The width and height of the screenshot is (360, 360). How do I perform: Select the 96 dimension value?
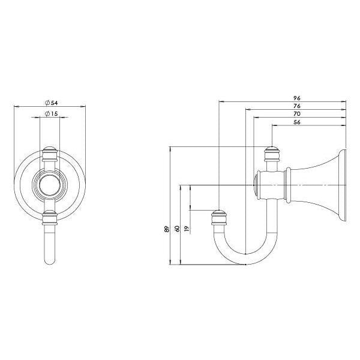point(296,97)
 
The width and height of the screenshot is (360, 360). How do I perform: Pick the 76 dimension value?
point(296,106)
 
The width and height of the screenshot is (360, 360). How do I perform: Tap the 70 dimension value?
point(296,114)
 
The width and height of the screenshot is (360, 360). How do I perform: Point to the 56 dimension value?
point(296,122)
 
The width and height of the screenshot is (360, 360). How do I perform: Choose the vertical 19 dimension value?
point(187,228)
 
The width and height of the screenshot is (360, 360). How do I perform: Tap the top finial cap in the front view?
point(50,148)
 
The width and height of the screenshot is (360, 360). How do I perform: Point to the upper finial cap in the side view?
point(272,150)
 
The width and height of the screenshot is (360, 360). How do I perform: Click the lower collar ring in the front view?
point(50,217)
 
